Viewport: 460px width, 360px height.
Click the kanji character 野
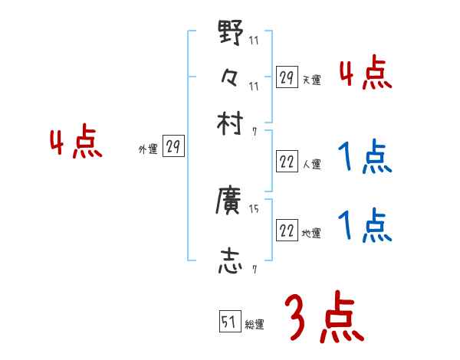pos(230,32)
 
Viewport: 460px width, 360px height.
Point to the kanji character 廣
pos(230,201)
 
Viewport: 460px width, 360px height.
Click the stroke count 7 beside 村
pos(255,131)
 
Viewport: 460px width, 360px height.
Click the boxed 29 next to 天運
pos(287,77)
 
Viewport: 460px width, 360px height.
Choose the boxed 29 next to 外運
pos(174,147)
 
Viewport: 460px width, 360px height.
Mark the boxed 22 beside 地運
pos(287,231)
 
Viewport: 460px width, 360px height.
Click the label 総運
pos(255,324)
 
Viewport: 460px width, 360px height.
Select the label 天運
pos(311,80)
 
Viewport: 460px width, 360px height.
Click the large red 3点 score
pos(325,319)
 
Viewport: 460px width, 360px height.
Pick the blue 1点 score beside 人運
pos(365,159)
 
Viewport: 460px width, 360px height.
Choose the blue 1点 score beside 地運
pos(365,227)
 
